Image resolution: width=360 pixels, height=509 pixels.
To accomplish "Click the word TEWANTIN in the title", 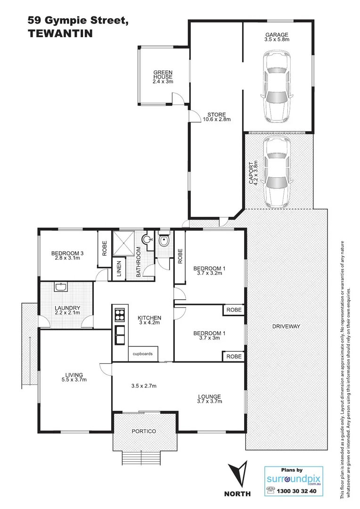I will [x=59, y=33].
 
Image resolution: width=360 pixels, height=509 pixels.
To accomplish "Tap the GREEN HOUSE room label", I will [x=163, y=77].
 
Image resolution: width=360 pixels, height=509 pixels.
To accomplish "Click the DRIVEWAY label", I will [x=286, y=326].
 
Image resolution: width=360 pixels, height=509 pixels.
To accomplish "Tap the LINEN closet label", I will [x=119, y=269].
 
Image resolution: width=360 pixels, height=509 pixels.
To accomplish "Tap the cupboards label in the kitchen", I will [x=142, y=353].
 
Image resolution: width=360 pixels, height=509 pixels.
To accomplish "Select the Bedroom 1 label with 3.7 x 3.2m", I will [x=210, y=271].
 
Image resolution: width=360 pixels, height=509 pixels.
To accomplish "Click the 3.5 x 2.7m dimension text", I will [x=144, y=386].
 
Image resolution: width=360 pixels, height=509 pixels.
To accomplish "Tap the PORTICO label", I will [x=144, y=431].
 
